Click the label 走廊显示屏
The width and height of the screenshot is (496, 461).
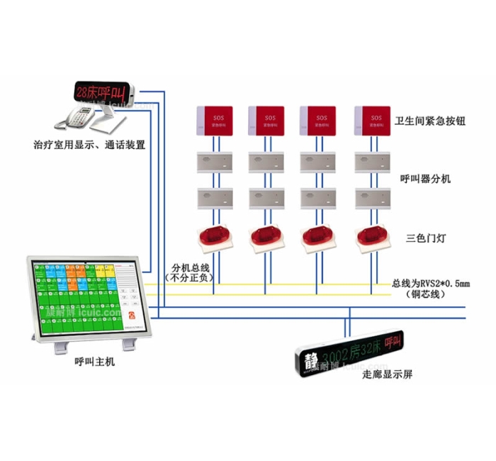click(x=387, y=374)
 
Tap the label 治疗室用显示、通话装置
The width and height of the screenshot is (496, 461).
click(x=89, y=145)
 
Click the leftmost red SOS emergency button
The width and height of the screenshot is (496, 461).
click(x=214, y=119)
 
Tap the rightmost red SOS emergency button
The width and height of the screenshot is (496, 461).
click(x=372, y=119)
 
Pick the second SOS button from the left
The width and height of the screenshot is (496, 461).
click(x=266, y=119)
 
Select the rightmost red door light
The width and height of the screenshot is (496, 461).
click(x=372, y=238)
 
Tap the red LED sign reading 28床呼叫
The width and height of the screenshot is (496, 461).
click(x=105, y=91)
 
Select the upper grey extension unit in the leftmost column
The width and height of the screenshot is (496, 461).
click(x=214, y=162)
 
